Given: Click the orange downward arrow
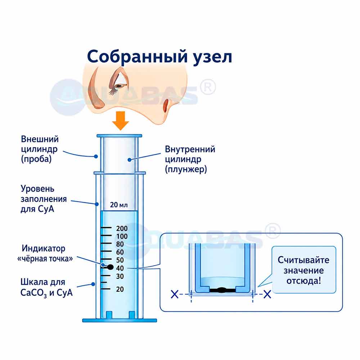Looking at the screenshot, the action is pos(121,121).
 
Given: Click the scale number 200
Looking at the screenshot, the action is pos(122,229).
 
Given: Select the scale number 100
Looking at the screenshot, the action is pos(122,236).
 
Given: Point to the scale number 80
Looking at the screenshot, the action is pos(120,244).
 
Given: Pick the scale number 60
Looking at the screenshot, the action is pos(120,252).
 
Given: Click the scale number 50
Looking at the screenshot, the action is pos(120,260).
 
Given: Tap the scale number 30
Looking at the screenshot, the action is pos(120,276).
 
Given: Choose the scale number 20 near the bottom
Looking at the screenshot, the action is pos(120,289).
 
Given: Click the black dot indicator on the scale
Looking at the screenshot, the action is pos(111,267).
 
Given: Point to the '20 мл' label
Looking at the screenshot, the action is pos(119,204).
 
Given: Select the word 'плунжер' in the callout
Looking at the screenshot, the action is pos(186,170).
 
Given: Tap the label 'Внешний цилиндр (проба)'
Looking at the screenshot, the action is pos(40,149).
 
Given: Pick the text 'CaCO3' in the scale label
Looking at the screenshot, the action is pos(33,293).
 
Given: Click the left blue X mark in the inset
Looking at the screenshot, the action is pos(175,294).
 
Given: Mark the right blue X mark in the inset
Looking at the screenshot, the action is pos(267,294).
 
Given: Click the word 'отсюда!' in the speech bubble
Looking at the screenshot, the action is pos(303,281).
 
